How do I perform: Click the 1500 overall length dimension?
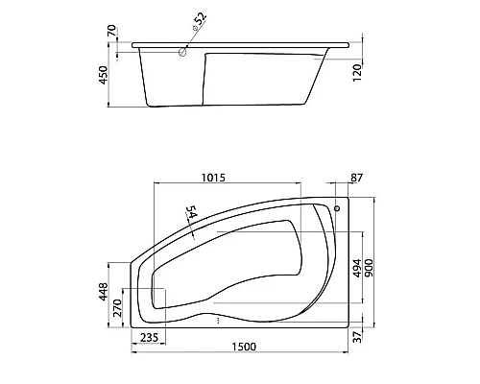[244, 347]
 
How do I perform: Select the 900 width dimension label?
[369, 268]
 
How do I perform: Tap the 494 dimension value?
[357, 268]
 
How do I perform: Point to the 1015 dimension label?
[213, 178]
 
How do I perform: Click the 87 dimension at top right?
[356, 178]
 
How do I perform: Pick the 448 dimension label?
[104, 292]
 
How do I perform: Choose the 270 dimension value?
[118, 308]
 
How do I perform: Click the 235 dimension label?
[149, 337]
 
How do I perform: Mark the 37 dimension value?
[358, 337]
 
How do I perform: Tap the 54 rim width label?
[191, 212]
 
